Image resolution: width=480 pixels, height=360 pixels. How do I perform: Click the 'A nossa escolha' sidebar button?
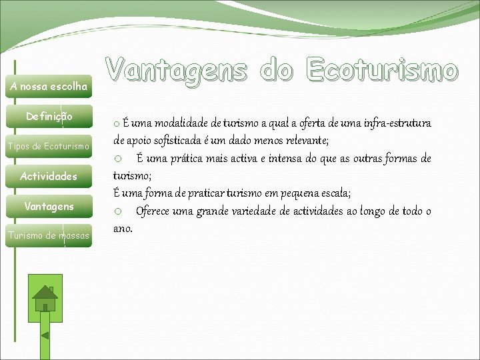[x=49, y=87]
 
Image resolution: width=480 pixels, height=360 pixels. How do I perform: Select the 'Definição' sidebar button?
[x=49, y=117]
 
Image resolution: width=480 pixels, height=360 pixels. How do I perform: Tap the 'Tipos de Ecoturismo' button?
[x=49, y=147]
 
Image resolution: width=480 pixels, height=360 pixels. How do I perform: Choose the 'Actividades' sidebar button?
[x=49, y=177]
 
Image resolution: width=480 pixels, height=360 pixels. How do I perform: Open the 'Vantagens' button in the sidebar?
[x=49, y=207]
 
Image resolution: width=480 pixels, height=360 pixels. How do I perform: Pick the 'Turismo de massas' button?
[x=49, y=235]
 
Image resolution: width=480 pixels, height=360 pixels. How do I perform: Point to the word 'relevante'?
[x=303, y=141]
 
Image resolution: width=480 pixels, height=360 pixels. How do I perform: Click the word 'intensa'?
[x=280, y=159]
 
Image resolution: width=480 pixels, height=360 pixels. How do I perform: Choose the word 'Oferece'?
[x=155, y=211]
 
